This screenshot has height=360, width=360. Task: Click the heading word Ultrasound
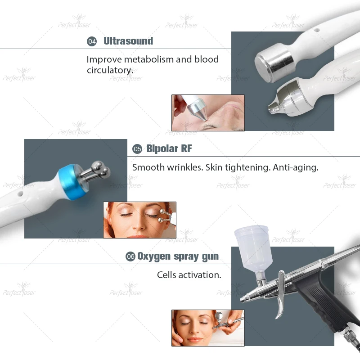click(128, 41)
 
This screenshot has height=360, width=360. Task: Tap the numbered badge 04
click(92, 41)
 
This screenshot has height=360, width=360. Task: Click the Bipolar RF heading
click(169, 148)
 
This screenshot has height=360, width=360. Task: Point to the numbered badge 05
click(137, 149)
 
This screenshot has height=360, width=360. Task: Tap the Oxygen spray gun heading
click(178, 256)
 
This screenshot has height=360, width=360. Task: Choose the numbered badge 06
click(130, 257)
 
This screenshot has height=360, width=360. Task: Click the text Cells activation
click(189, 274)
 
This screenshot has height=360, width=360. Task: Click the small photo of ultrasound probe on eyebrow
click(207, 112)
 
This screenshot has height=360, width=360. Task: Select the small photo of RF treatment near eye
click(139, 220)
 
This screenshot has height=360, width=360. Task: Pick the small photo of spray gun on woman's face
click(207, 328)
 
